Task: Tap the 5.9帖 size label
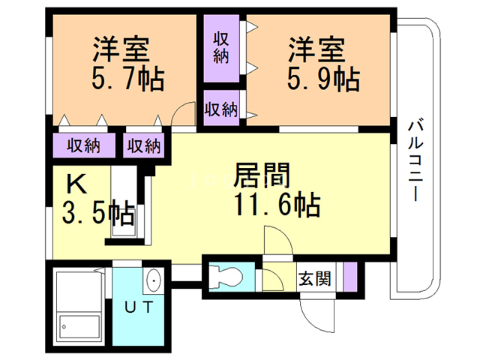(x=323, y=78)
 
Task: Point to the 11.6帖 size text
(x=276, y=204)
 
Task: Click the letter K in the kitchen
(x=76, y=184)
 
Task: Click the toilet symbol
(x=225, y=276)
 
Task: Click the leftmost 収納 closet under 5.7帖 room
(x=82, y=145)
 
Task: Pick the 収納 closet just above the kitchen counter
(x=143, y=145)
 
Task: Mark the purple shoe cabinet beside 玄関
(x=347, y=277)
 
